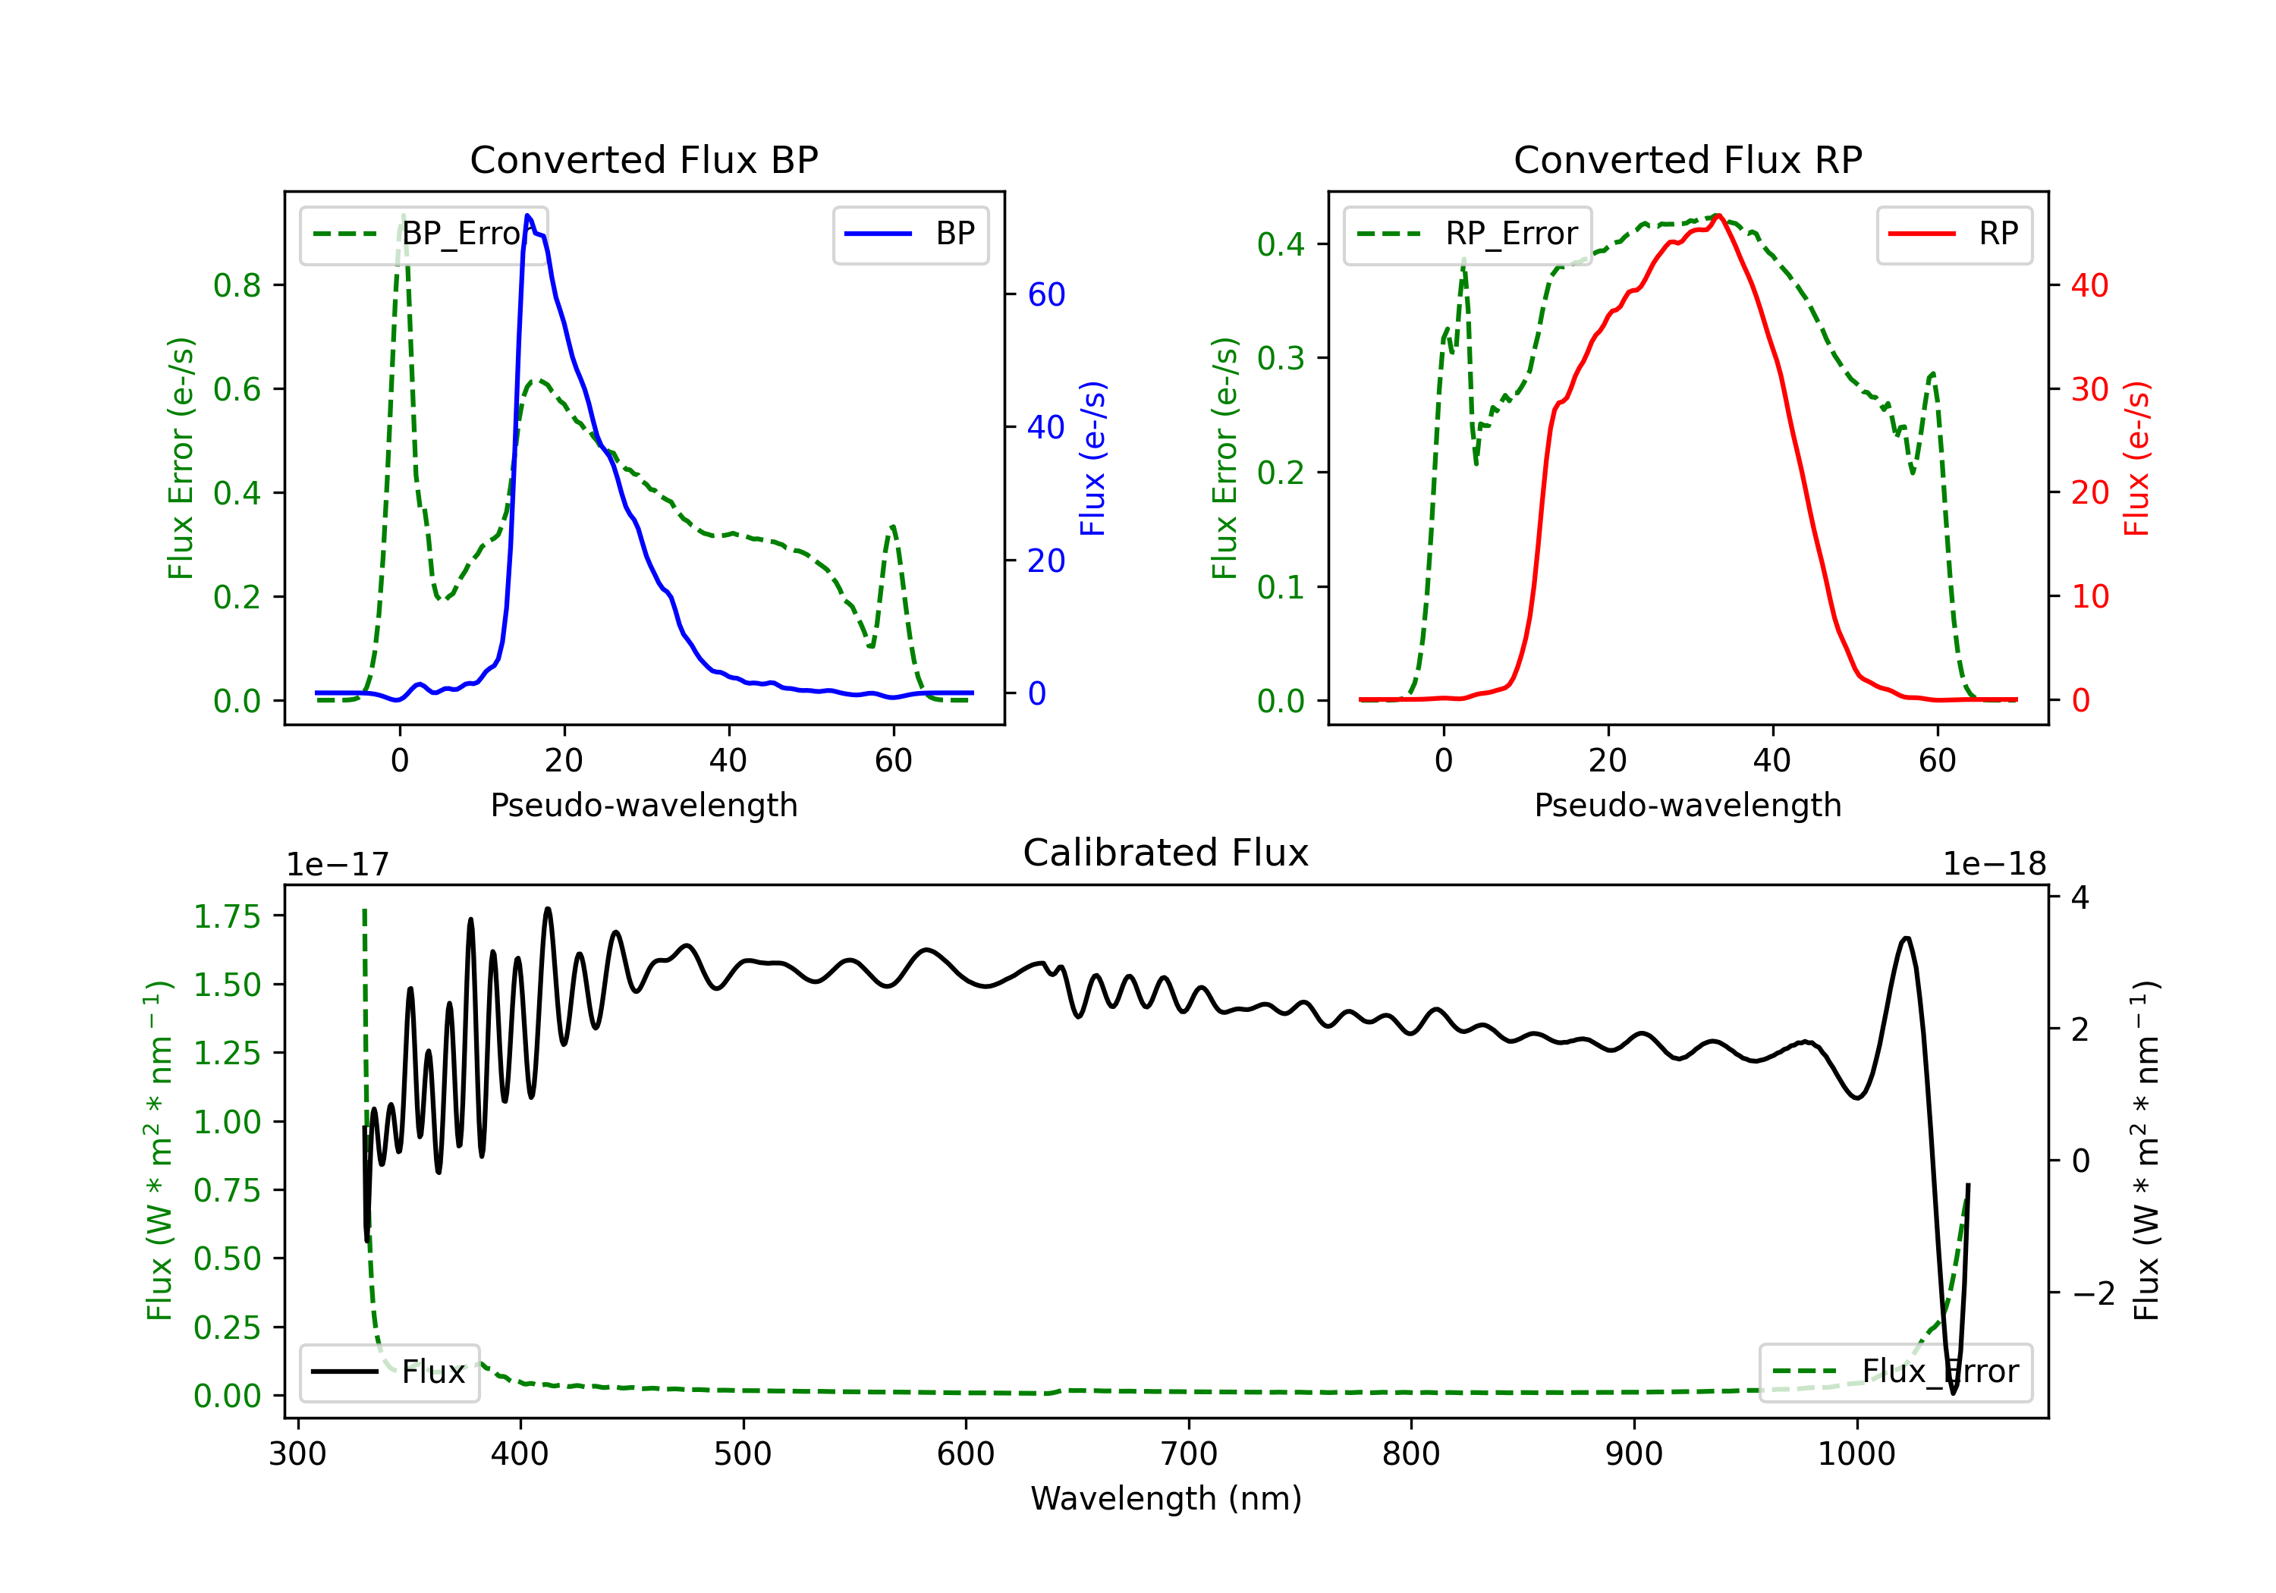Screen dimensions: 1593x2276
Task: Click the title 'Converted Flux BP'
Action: tap(643, 159)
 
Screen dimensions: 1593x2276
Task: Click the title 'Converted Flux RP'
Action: tap(1687, 159)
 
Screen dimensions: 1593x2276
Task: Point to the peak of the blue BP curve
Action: tap(528, 215)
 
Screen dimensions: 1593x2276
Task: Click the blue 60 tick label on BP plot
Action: tap(1045, 294)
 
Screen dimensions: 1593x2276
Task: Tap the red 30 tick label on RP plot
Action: tap(2089, 388)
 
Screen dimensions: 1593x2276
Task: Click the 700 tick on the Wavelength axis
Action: tap(1189, 1454)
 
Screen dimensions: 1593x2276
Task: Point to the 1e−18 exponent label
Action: tap(1995, 865)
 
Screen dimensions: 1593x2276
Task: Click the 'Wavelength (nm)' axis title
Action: tap(1166, 1498)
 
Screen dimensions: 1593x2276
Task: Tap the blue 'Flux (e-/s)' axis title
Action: tap(1092, 458)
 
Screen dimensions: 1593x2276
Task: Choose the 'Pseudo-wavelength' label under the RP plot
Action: tap(1687, 805)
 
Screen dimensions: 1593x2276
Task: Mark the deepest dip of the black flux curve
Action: tap(1953, 1393)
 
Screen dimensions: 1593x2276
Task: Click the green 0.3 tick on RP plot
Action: tap(1280, 358)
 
